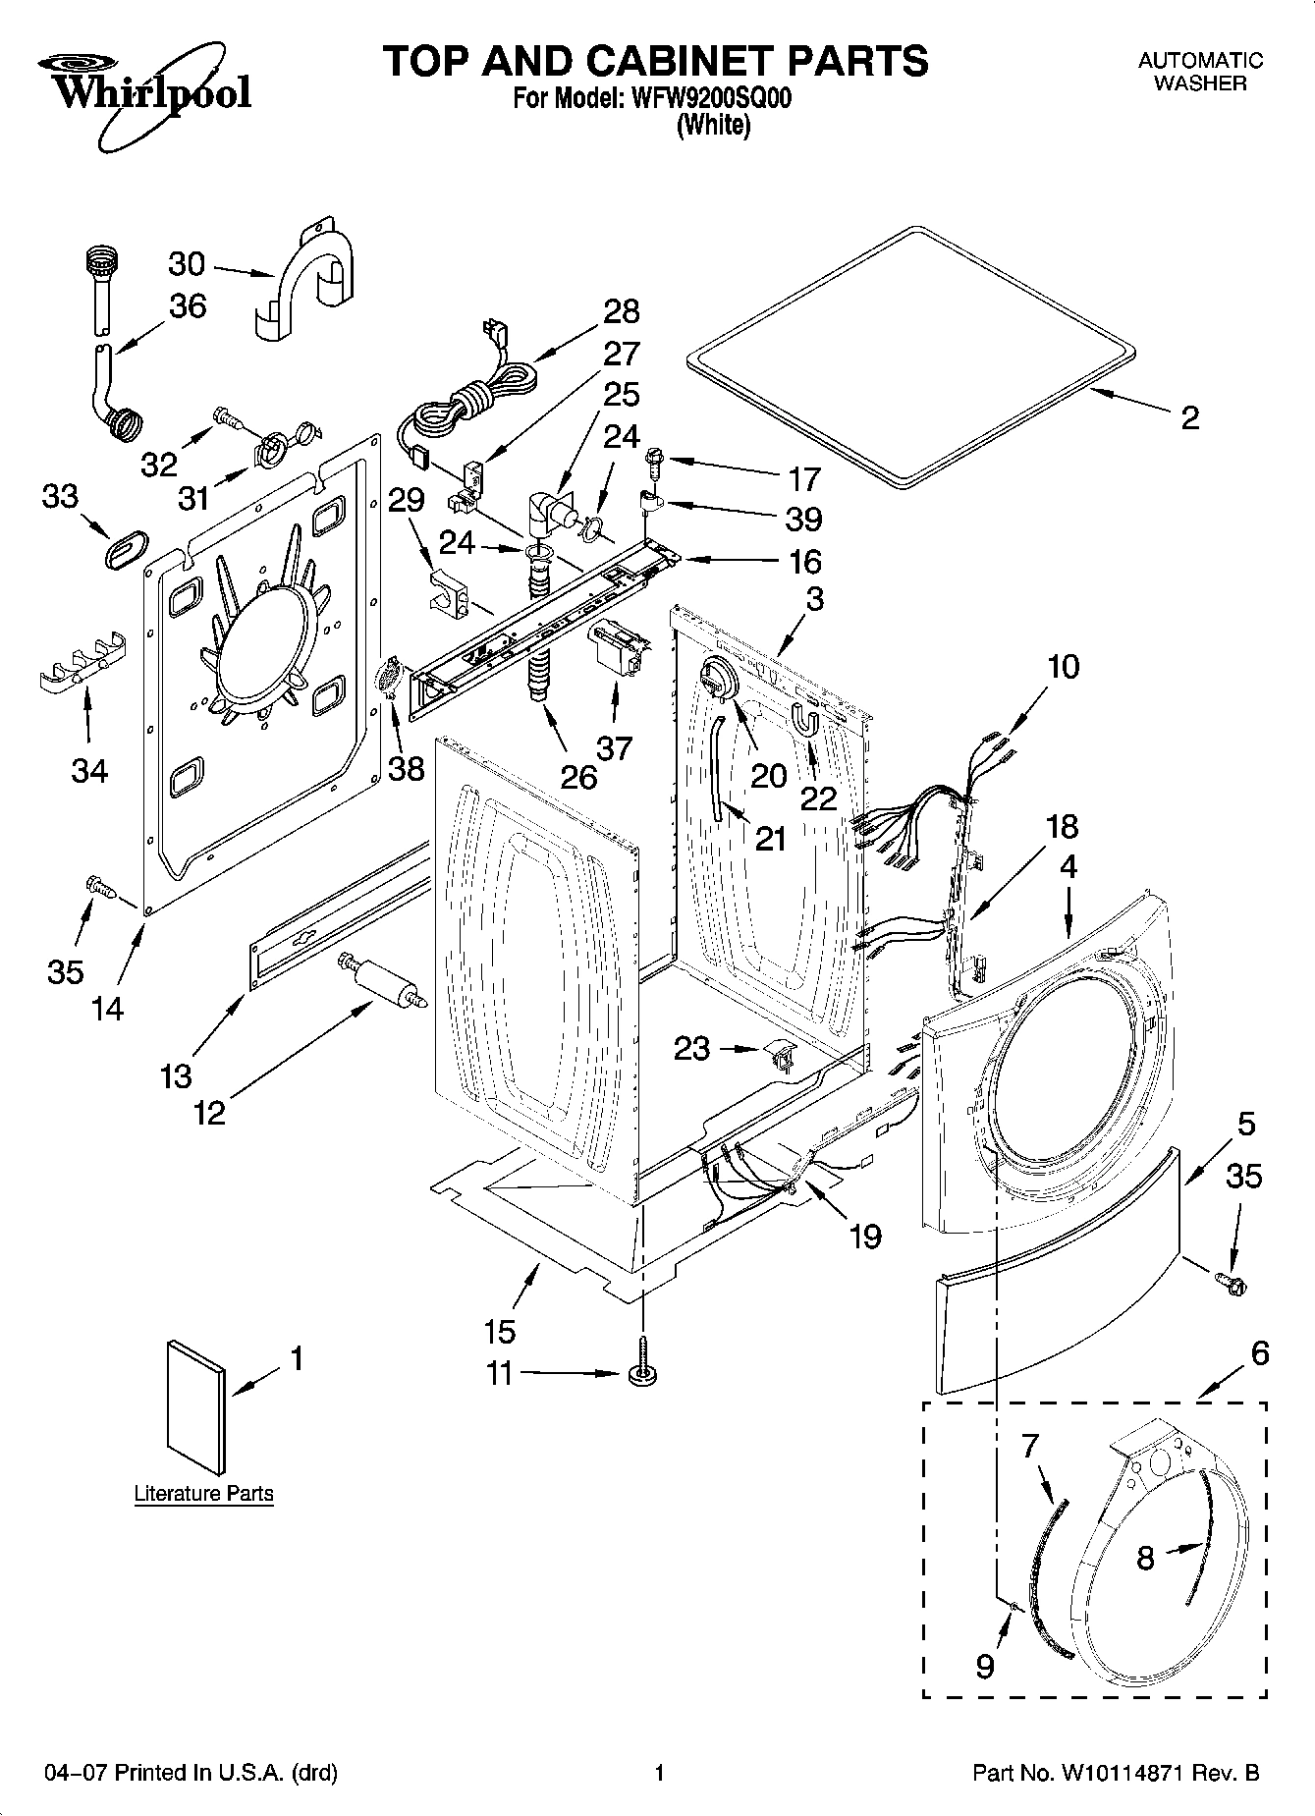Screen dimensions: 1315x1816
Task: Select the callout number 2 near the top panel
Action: point(1189,418)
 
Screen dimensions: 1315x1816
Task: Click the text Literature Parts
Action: point(203,1494)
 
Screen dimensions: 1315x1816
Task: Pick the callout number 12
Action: point(210,1112)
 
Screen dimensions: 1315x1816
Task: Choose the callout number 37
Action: point(615,748)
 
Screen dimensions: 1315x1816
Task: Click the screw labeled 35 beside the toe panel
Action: point(1228,1281)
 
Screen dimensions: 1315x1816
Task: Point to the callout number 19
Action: point(865,1236)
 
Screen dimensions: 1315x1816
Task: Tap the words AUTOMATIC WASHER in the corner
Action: point(1200,72)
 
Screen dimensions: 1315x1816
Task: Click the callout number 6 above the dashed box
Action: point(1260,1353)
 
